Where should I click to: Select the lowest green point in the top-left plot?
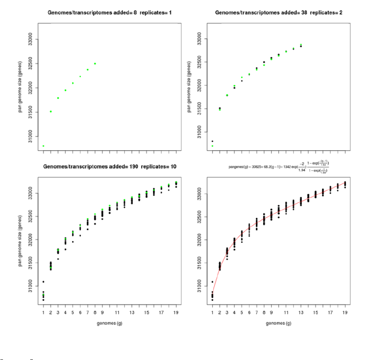[44, 146]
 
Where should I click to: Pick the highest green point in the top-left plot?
[95, 63]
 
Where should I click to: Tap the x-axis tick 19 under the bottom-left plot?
[176, 313]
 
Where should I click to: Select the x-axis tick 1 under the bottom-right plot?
[212, 313]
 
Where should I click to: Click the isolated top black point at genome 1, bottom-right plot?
[212, 282]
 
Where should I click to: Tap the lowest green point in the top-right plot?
[212, 146]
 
